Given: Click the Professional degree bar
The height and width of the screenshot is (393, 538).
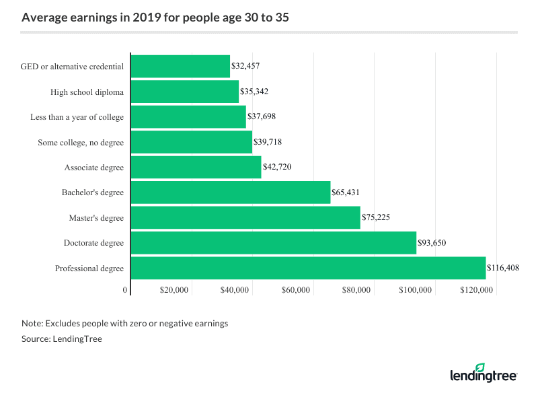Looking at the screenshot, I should click(308, 268).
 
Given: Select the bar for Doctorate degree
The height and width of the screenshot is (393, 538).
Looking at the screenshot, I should click(274, 243).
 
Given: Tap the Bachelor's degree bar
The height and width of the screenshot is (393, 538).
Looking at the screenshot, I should click(231, 192).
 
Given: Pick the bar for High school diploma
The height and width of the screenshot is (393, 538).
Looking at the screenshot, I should click(185, 92).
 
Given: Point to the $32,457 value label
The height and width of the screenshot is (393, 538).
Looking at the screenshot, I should click(245, 67).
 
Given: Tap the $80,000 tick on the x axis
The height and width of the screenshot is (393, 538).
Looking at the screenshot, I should click(356, 290).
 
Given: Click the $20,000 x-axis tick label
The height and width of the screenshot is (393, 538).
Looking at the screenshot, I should click(174, 290).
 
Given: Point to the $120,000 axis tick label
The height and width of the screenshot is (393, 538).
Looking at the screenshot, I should click(477, 290).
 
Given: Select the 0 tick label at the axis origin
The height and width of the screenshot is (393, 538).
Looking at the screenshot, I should click(125, 290).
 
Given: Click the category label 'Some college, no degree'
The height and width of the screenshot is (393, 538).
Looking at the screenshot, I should click(82, 142).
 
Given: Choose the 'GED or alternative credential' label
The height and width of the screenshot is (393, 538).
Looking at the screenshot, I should click(73, 67).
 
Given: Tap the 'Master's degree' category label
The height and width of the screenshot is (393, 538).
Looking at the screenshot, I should click(96, 218).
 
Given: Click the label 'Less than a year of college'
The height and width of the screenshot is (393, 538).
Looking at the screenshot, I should click(77, 117).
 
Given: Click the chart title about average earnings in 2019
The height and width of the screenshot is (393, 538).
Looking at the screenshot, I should click(155, 18).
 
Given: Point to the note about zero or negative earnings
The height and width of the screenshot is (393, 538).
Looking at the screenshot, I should click(124, 323).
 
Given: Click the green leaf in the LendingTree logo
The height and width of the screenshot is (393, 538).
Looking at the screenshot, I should click(479, 367).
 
